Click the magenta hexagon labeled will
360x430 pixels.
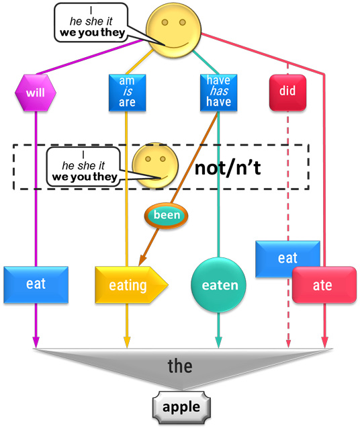coord(36,93)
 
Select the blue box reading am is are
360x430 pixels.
coord(127,93)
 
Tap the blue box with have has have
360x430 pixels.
coord(218,93)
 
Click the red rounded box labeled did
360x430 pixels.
coord(287,93)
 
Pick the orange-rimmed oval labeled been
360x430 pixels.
coord(167,216)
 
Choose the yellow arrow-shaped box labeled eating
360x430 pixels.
coord(132,285)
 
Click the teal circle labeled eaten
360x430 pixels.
coord(218,285)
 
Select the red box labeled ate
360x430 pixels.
coord(324,285)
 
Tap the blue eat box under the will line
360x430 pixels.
coord(36,285)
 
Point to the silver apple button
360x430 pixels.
coord(181,408)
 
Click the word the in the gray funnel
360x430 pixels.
coord(180,365)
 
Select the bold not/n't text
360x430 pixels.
coord(228,167)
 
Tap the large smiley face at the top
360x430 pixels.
coord(173,30)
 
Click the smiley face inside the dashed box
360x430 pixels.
coord(155,166)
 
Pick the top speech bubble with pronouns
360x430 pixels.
coord(91,23)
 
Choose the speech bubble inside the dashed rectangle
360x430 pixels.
coord(84,167)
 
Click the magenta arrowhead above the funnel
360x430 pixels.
coord(36,342)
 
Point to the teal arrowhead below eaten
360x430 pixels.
coord(218,342)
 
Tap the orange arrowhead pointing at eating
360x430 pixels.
coord(142,260)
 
